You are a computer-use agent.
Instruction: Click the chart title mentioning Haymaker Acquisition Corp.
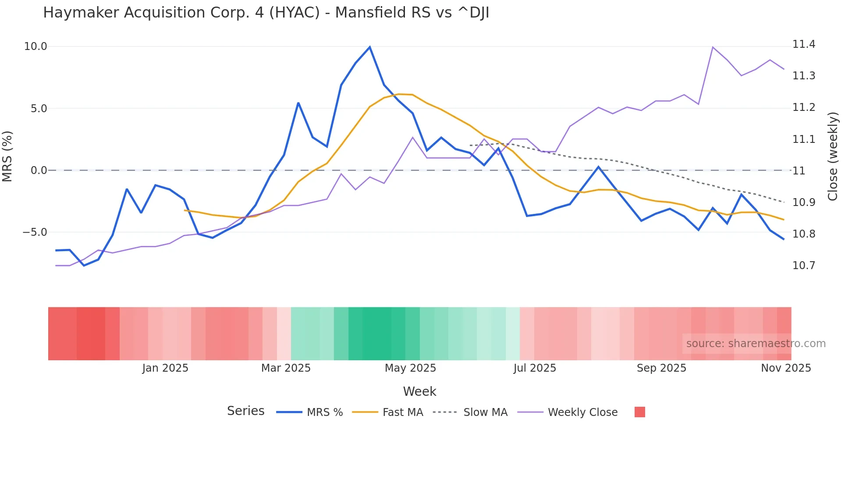point(266,13)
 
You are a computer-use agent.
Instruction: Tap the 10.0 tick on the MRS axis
point(35,46)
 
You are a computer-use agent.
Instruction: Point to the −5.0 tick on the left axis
point(35,232)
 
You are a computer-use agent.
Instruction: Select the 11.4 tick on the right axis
point(804,44)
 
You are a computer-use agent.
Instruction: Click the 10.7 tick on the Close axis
point(804,266)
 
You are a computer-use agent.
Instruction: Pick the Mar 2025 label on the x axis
point(286,368)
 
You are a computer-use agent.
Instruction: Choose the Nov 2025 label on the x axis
point(786,368)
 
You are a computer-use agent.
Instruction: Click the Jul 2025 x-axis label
point(535,368)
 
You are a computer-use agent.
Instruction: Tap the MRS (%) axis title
point(7,156)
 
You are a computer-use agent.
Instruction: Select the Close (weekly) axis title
point(833,156)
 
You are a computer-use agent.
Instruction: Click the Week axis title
point(419,391)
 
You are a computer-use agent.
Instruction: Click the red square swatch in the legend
point(639,412)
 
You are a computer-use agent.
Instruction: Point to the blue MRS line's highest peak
point(369,47)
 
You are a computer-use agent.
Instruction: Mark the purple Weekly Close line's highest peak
point(713,47)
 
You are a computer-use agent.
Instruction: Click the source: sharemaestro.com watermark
point(756,344)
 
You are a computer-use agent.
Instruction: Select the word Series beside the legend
point(245,411)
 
